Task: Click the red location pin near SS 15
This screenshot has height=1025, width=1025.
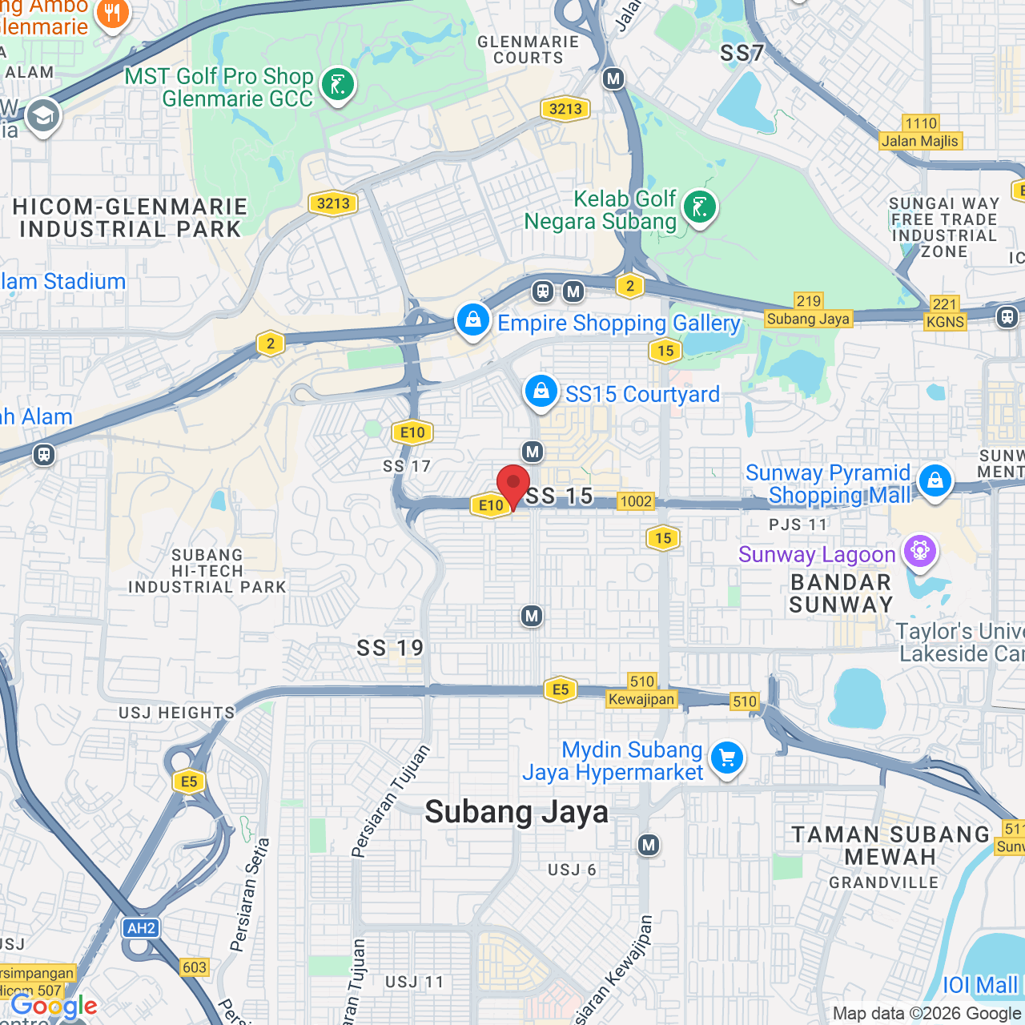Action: (513, 486)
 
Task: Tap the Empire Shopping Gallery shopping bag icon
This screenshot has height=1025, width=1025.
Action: (473, 320)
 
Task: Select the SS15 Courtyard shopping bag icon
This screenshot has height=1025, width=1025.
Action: (541, 392)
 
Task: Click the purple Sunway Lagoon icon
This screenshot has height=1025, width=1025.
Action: (920, 551)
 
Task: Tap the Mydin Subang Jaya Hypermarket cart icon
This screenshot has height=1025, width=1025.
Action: (727, 757)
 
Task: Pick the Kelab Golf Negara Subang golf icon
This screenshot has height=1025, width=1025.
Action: (700, 207)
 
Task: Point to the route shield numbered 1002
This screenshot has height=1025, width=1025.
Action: (636, 501)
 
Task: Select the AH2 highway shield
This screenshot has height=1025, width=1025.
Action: (141, 928)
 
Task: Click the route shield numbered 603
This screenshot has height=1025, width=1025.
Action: (195, 967)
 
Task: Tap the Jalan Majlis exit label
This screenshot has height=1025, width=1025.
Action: (919, 141)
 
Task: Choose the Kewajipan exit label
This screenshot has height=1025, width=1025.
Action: (641, 699)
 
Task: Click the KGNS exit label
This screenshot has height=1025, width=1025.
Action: (945, 322)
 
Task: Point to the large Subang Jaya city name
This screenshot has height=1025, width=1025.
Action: (517, 812)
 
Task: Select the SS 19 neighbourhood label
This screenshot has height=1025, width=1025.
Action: (390, 648)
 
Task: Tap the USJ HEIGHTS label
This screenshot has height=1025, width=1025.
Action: (177, 713)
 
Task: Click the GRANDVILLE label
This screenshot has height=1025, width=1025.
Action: (883, 882)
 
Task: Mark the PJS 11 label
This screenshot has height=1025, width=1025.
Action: (798, 525)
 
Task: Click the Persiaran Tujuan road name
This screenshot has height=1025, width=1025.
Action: (392, 801)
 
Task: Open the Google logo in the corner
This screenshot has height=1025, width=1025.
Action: (54, 1006)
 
